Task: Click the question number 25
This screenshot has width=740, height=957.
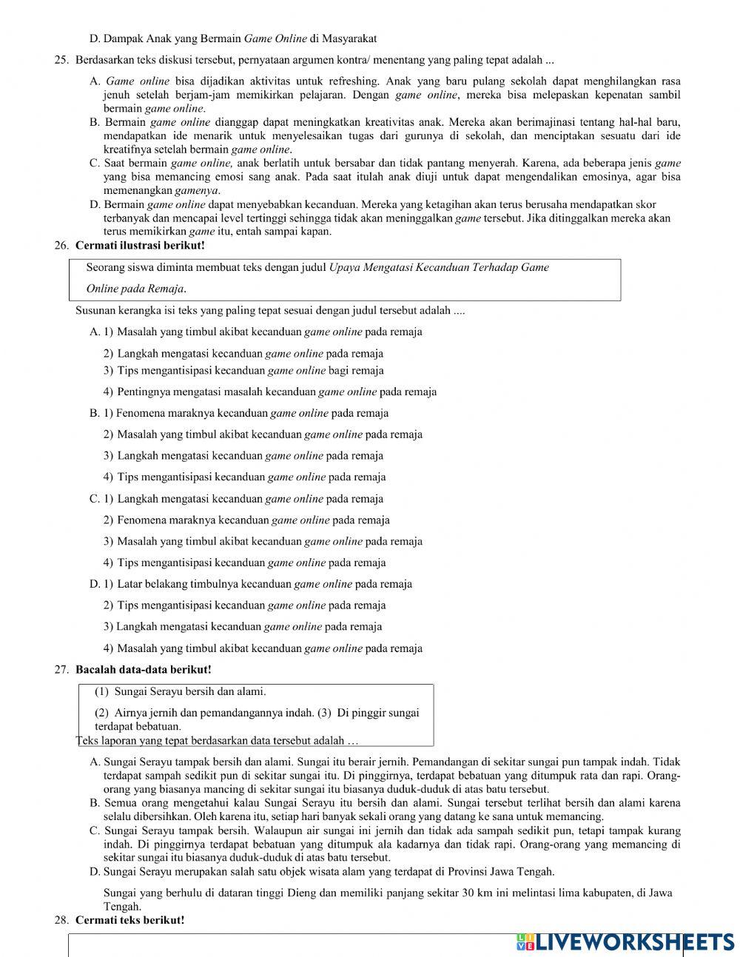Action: (61, 60)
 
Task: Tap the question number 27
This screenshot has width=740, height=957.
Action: (61, 670)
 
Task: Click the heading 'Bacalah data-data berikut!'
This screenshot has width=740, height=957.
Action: (143, 670)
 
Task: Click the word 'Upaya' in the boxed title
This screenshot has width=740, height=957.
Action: (344, 268)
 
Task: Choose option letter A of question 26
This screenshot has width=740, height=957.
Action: (94, 332)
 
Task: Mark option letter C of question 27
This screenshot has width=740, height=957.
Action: (95, 830)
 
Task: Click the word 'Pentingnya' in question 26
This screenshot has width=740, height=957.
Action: (144, 392)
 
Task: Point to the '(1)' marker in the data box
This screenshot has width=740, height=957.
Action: (102, 692)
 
